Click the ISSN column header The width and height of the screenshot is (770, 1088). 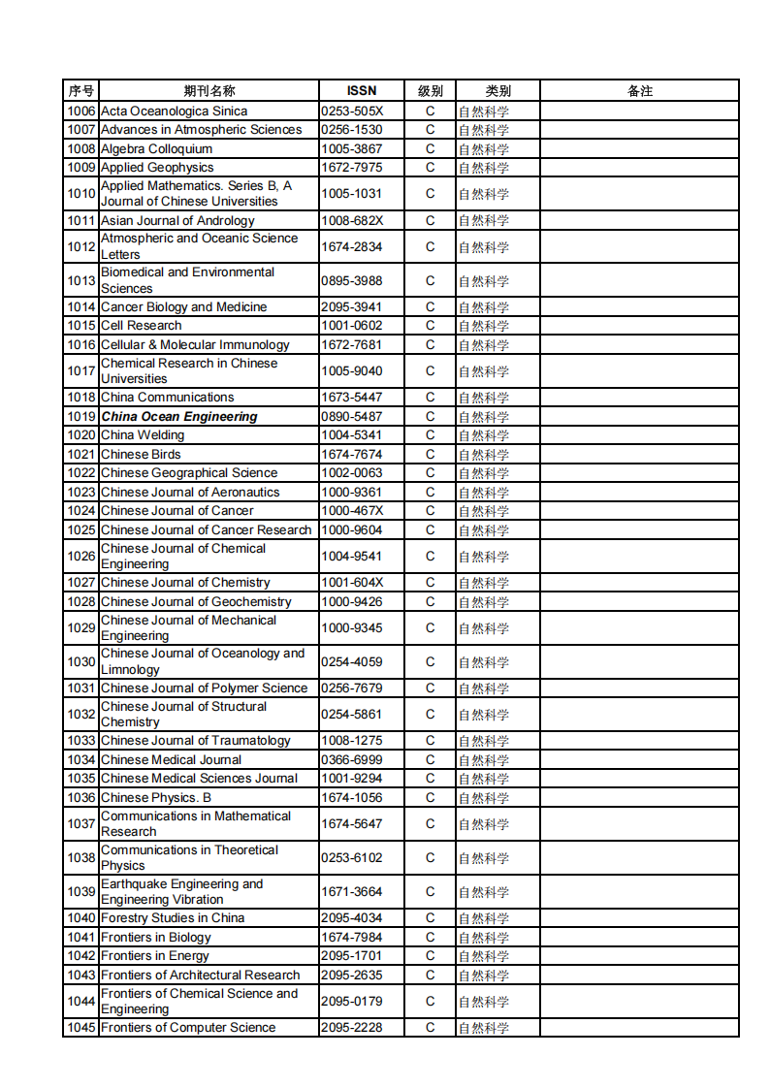[x=361, y=91]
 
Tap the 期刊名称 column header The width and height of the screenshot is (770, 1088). [x=209, y=91]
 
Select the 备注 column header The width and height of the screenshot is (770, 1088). [x=640, y=91]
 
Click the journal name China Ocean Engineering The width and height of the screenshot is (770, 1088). [x=179, y=417]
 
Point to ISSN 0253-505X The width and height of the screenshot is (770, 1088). [x=352, y=112]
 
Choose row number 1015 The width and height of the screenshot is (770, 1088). [x=81, y=326]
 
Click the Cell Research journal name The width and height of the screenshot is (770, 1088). [x=142, y=326]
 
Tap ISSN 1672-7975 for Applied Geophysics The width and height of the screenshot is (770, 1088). [x=352, y=168]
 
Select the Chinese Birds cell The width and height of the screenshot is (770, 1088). [x=141, y=455]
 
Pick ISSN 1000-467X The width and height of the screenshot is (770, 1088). [x=352, y=511]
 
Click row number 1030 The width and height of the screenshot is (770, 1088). [x=81, y=662]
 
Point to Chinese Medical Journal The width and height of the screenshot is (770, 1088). [x=172, y=760]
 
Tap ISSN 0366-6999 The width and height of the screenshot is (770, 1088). [x=352, y=760]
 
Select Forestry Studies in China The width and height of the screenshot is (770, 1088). [x=173, y=918]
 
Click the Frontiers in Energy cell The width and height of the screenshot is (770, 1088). [x=155, y=956]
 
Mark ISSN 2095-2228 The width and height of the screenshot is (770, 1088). [x=352, y=1028]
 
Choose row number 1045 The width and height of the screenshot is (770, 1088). [x=81, y=1028]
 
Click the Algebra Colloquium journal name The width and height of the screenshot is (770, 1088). [x=156, y=149]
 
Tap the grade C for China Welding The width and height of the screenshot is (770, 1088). [x=431, y=435]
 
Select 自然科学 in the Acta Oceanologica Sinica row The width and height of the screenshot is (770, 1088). [x=484, y=112]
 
